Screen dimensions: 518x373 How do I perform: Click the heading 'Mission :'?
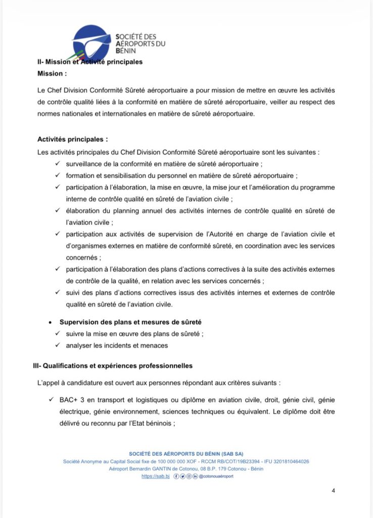(x=52, y=73)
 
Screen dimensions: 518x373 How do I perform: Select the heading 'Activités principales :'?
(x=72, y=139)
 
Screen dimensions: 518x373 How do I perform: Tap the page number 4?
(x=333, y=490)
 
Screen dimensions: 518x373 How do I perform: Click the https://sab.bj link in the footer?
(x=154, y=476)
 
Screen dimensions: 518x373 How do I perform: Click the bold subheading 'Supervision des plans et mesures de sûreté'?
(x=132, y=322)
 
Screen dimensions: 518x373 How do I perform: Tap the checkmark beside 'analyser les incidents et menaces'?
(x=58, y=346)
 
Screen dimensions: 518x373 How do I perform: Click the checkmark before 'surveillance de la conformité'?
(x=58, y=164)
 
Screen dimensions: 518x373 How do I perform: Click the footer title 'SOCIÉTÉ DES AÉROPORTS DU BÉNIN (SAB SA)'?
(x=186, y=453)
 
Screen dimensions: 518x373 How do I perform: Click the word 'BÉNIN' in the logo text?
(x=126, y=51)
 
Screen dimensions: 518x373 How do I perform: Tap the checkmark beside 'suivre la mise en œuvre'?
(x=58, y=334)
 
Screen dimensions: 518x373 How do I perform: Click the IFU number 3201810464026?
(x=287, y=461)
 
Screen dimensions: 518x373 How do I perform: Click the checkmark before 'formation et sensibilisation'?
(x=58, y=176)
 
